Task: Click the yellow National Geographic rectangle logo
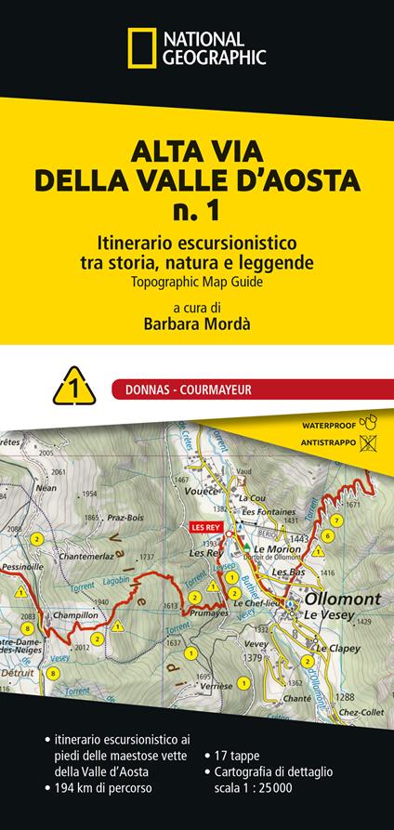pyautogui.click(x=142, y=47)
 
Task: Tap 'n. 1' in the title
pyautogui.click(x=196, y=210)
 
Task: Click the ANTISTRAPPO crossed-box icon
pyautogui.click(x=368, y=443)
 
